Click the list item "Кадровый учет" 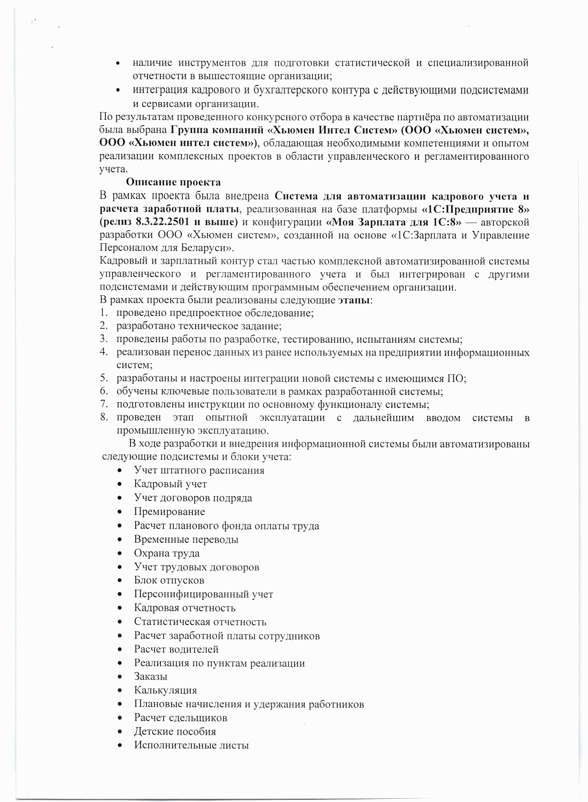coord(170,484)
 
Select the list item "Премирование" coord(169,512)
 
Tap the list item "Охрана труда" coord(166,553)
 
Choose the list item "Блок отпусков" coord(169,580)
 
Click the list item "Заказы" coord(151,676)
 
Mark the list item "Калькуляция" coord(165,690)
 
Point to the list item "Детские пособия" coord(175,731)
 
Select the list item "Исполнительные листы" coord(191,745)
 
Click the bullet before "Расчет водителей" coord(122,650)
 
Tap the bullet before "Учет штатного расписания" coord(122,471)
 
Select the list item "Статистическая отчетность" coord(200,622)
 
